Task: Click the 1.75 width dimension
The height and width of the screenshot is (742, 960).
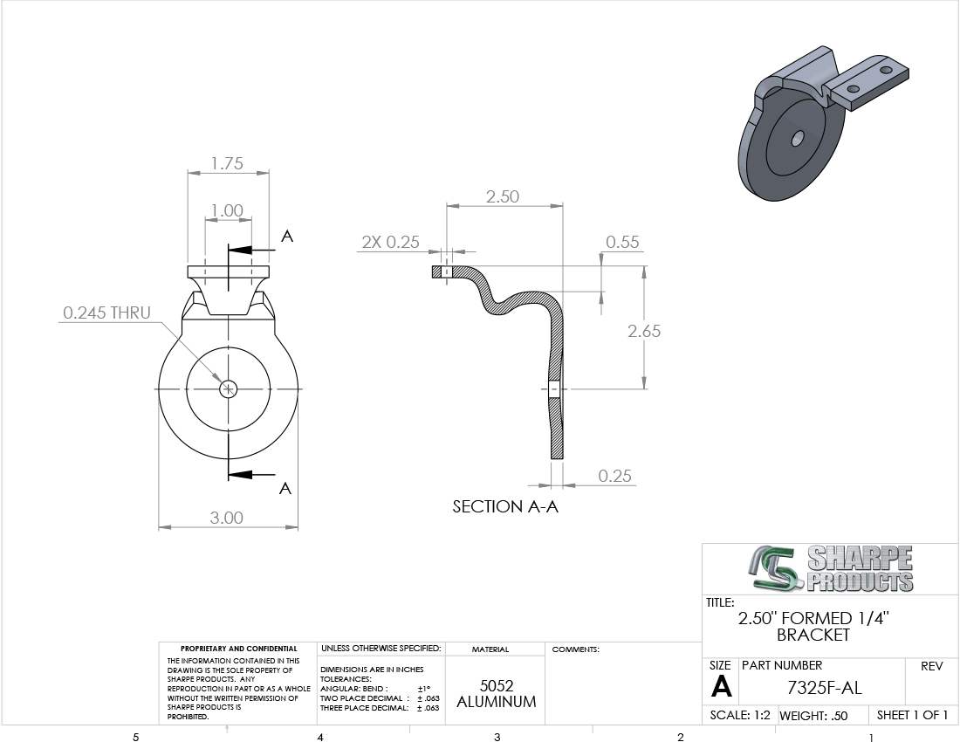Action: coord(227,163)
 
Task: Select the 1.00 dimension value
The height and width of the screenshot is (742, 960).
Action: coord(227,210)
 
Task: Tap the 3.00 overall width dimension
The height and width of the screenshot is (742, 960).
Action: coord(227,518)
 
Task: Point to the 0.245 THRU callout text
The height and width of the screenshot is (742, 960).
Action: coord(106,313)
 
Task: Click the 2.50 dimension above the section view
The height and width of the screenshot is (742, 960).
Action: coord(503,196)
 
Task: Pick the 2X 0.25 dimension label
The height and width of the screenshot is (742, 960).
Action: coord(391,243)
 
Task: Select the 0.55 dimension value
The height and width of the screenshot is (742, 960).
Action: coord(622,242)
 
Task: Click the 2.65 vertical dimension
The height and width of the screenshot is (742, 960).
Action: coord(644,331)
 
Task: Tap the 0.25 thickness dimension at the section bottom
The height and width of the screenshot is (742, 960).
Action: coord(614,476)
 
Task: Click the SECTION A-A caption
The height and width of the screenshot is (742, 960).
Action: coord(505,507)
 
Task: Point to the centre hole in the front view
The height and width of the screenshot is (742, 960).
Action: coord(229,388)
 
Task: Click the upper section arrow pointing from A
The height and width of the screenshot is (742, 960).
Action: coord(250,250)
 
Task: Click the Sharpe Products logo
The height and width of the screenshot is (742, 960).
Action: coord(830,569)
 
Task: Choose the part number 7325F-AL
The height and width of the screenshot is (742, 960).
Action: coord(824,688)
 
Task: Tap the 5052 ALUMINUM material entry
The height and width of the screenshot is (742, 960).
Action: coord(497,694)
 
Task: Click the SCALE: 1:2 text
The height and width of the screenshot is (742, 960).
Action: coord(740,715)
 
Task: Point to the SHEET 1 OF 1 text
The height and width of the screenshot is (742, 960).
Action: coord(912,715)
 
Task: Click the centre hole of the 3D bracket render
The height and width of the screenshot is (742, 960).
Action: coord(797,138)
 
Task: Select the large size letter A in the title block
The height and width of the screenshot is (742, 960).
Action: coord(721,687)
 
